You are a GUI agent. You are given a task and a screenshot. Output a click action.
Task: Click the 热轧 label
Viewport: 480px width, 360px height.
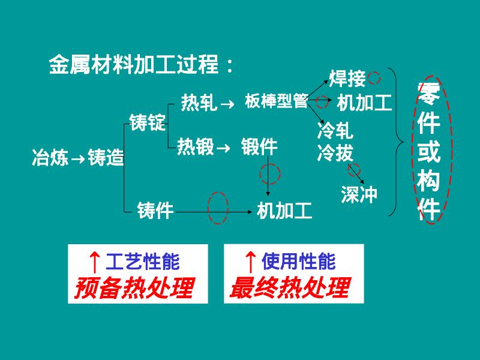199,103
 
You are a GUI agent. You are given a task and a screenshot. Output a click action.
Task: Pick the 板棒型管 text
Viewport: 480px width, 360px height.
276,101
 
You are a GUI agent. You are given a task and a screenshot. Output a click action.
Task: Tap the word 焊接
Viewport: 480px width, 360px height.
347,79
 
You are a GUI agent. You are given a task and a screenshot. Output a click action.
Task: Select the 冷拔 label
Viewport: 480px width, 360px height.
335,154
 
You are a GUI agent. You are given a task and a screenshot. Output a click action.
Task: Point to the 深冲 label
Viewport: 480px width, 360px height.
359,194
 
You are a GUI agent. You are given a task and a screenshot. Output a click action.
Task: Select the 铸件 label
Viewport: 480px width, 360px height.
155,211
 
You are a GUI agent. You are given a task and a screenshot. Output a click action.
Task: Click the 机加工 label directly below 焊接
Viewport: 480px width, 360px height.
364,103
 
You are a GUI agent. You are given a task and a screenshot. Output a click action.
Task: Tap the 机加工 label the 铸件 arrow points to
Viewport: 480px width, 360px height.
284,211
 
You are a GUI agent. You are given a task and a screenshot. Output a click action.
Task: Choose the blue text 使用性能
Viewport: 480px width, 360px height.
298,262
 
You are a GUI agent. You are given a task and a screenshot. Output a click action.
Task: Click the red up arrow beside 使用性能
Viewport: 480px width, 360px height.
251,262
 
